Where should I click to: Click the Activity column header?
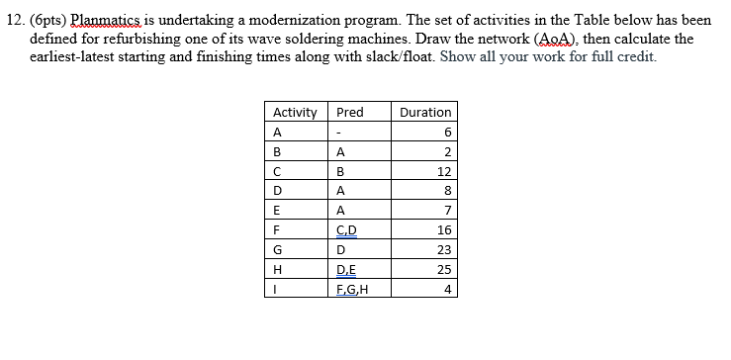coord(293,112)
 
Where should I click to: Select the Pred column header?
coord(350,112)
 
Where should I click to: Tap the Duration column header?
coord(425,112)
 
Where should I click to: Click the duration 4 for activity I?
coord(447,290)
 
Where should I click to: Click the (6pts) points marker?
coord(48,20)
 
